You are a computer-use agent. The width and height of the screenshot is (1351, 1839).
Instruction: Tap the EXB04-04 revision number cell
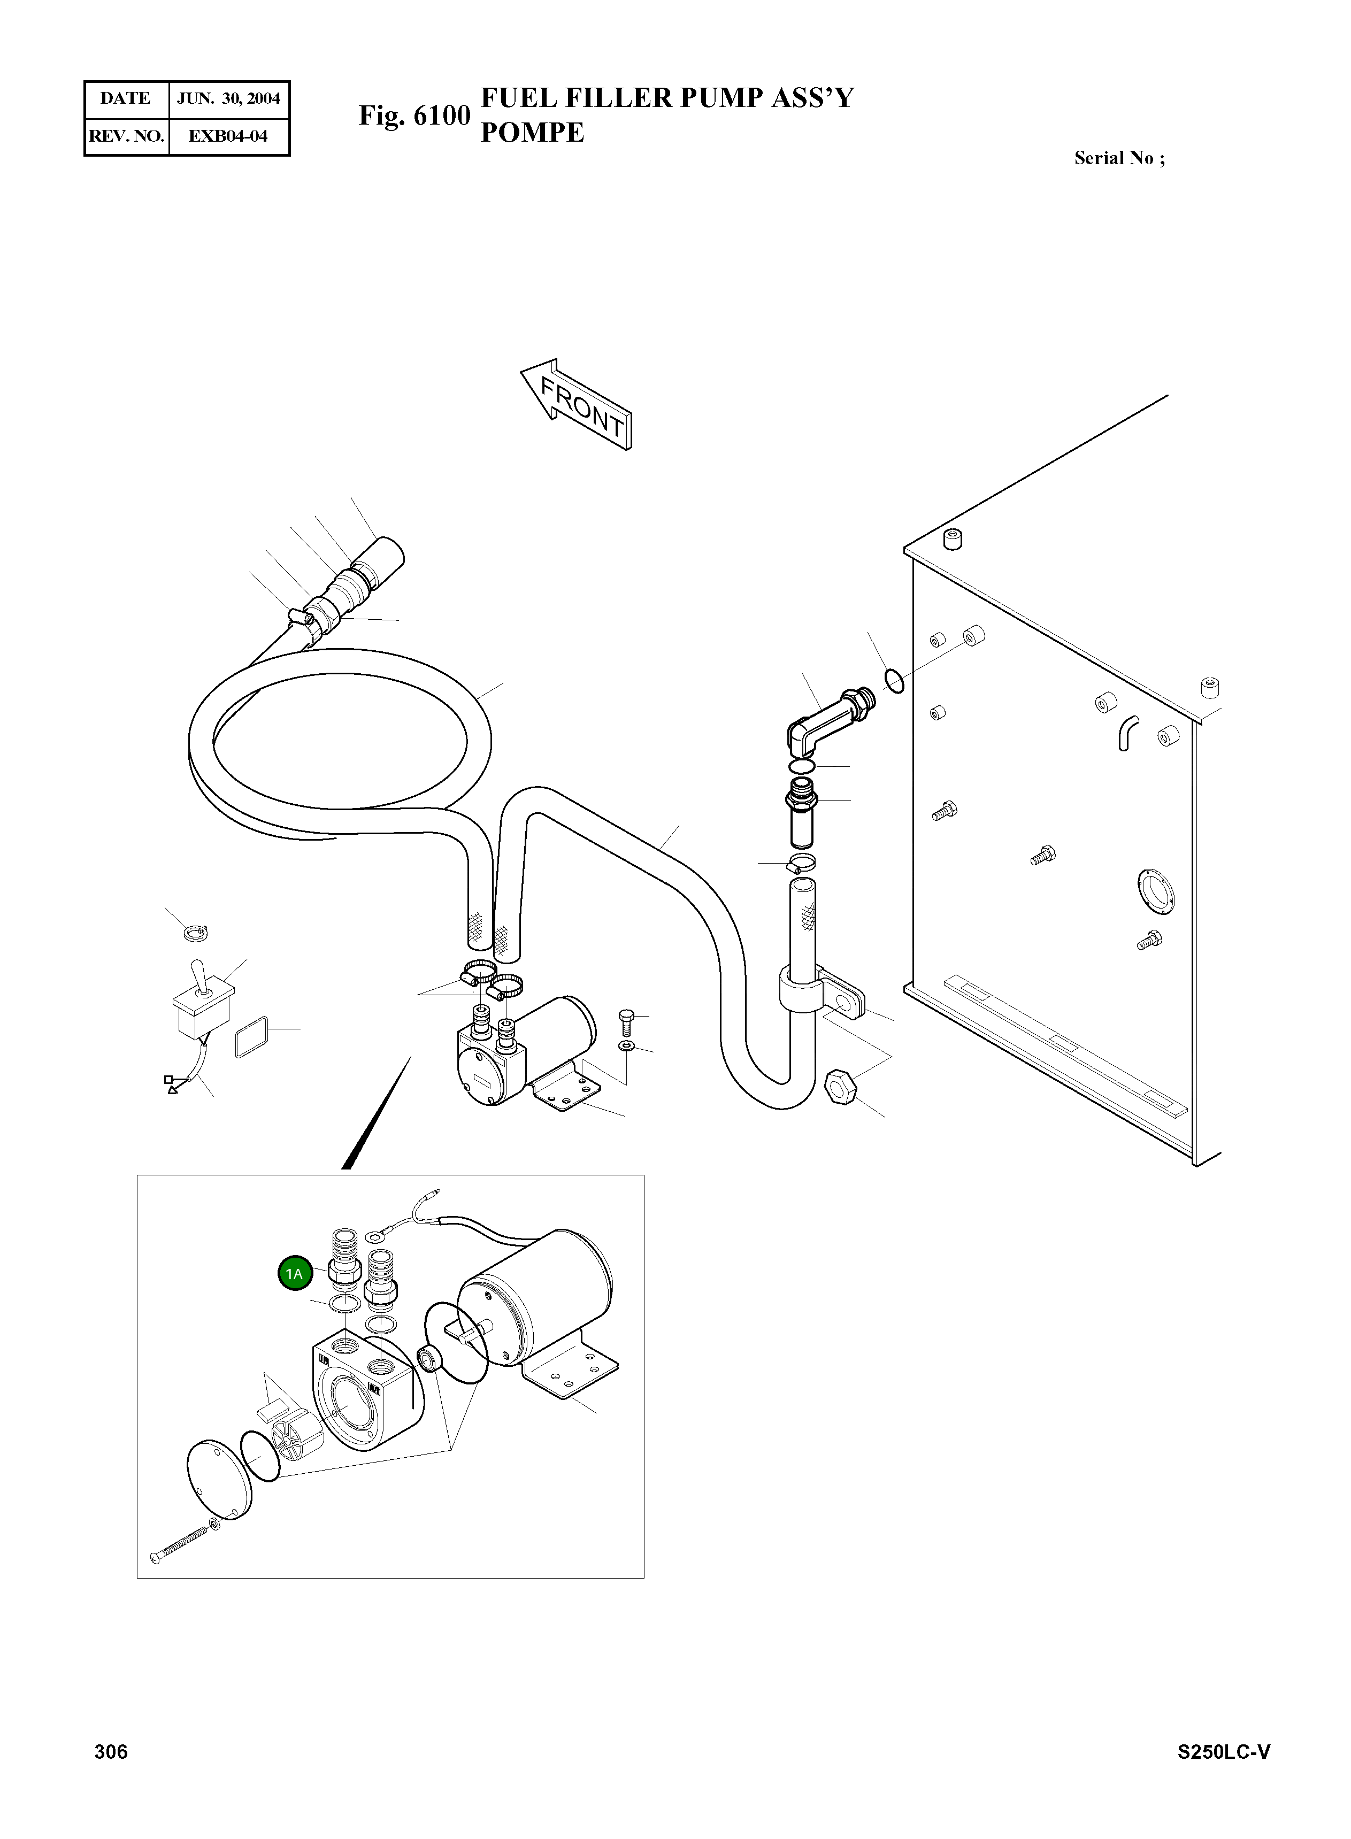pyautogui.click(x=228, y=136)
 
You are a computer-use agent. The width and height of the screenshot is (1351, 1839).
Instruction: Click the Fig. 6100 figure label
pyautogui.click(x=414, y=116)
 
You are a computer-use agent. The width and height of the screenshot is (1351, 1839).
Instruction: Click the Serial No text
pyautogui.click(x=1119, y=158)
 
